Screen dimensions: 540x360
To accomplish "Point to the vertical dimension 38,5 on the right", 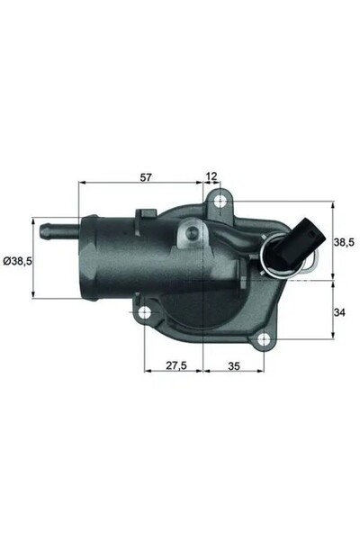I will [344, 242].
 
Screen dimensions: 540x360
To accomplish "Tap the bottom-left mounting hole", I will [144, 314].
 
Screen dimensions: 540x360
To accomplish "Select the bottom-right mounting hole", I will [263, 340].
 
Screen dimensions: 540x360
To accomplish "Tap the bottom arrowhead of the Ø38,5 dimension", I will [35, 294].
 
